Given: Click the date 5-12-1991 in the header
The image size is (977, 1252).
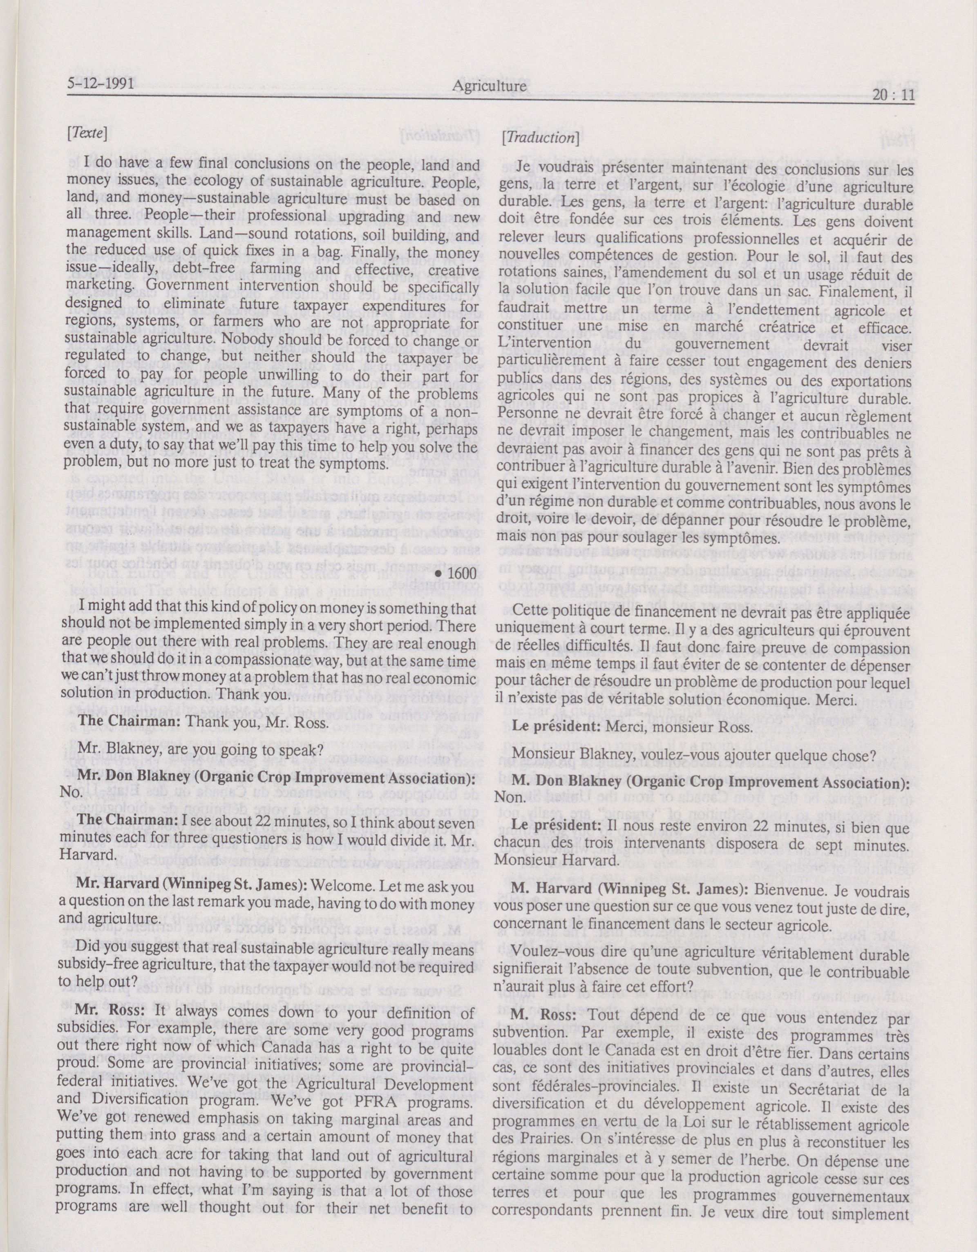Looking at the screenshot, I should (101, 85).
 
